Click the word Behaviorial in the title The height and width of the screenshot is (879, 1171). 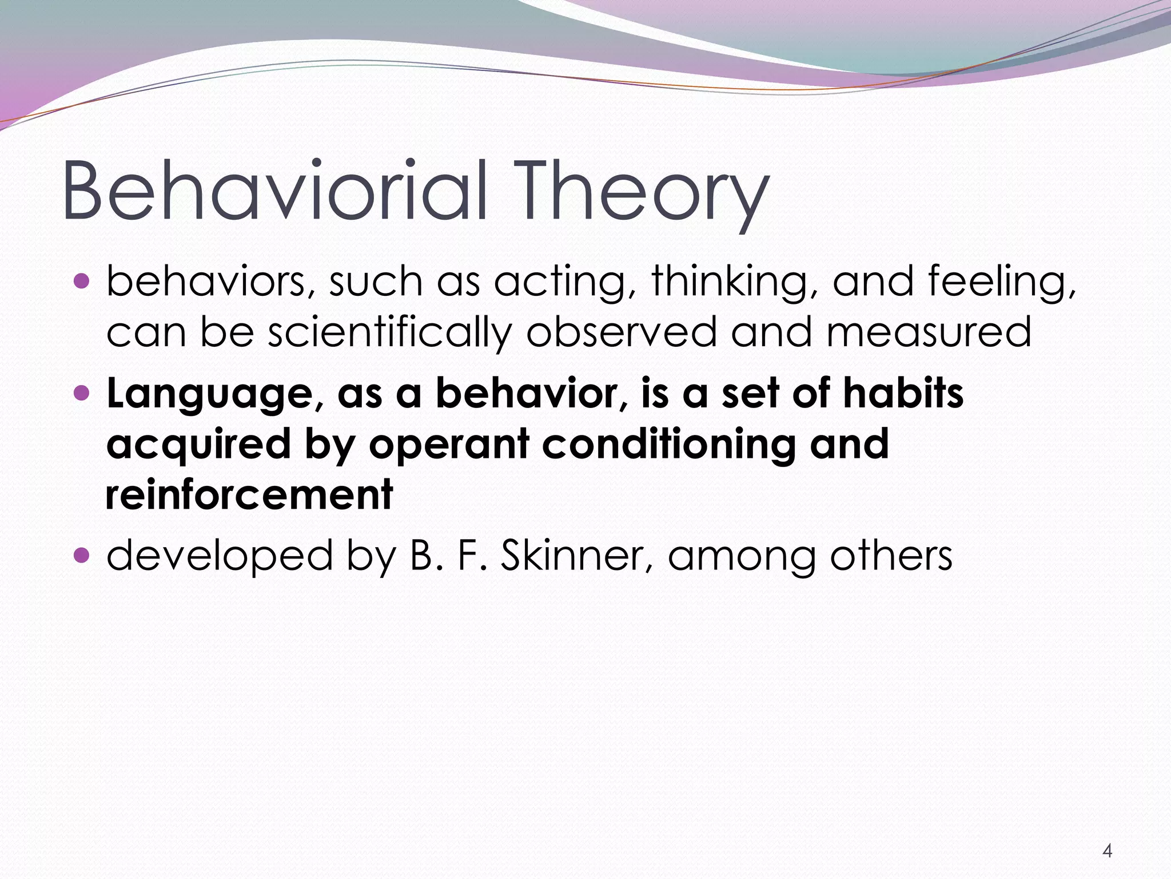(x=274, y=191)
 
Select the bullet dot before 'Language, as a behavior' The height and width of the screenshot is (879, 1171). (x=82, y=393)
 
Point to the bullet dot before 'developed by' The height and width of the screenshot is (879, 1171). (x=82, y=555)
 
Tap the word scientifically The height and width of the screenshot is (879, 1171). (x=389, y=333)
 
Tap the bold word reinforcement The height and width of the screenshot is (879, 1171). (x=249, y=494)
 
